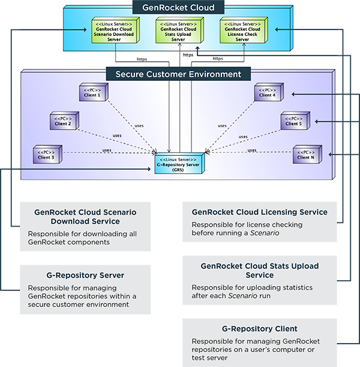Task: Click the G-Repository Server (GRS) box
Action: point(179,163)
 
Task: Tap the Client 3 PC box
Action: point(47,154)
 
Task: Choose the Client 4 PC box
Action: point(267,92)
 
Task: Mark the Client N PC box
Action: point(307,154)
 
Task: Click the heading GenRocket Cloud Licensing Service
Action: point(259,212)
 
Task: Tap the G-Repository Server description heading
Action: point(85,275)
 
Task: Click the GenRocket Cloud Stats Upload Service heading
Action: point(259,270)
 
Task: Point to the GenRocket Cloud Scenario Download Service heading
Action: point(85,216)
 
